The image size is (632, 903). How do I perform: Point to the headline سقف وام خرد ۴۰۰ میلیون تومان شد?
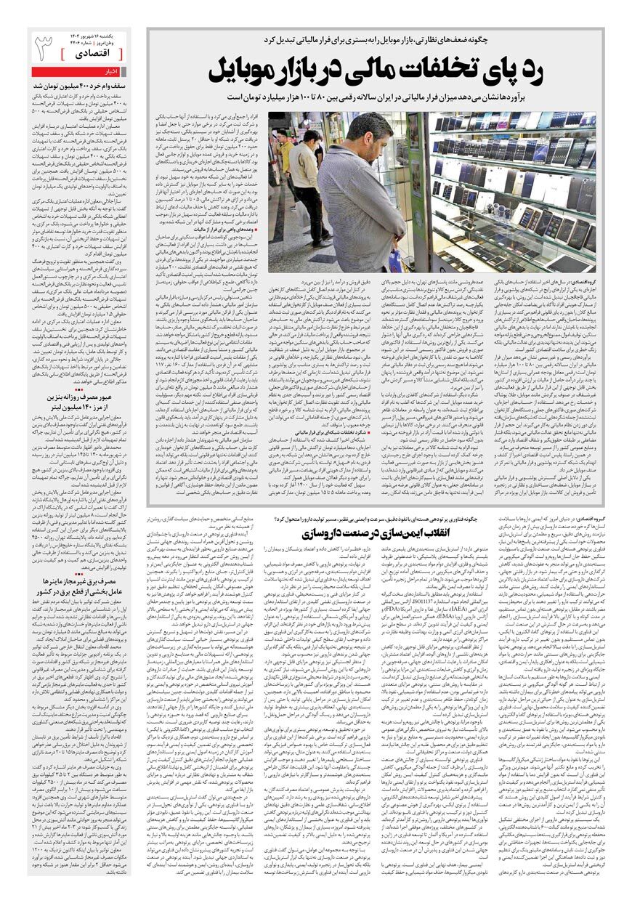tap(80, 85)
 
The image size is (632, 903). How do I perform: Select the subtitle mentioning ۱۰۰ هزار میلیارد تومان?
tap(370, 96)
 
